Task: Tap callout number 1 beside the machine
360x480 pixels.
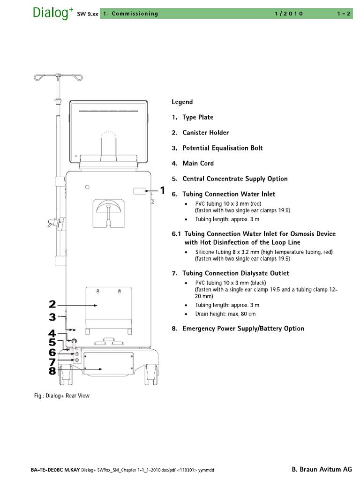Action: (163, 190)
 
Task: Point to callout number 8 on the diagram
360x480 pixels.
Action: (52, 370)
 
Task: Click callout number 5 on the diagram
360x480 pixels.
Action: (52, 343)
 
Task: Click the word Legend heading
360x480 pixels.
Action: (182, 102)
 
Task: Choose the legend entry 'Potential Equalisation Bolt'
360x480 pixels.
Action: (222, 148)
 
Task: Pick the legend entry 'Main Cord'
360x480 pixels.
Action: (198, 164)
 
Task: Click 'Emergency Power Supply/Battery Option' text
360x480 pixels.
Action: (243, 329)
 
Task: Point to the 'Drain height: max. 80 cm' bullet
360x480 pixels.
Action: (225, 314)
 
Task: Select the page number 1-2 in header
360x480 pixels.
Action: (344, 14)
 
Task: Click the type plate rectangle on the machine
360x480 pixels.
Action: (139, 191)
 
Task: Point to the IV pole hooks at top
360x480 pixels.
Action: (57, 75)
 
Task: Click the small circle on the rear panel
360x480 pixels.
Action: (87, 187)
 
